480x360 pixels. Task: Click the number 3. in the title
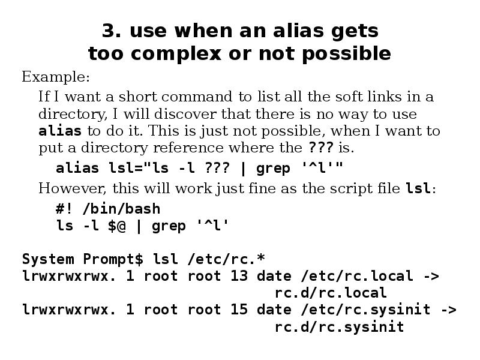coord(112,31)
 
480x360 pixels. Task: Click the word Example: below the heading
coord(56,77)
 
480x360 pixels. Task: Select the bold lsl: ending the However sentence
coord(421,188)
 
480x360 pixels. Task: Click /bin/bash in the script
coord(121,209)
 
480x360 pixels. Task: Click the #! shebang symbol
coord(64,209)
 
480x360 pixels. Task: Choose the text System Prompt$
coord(83,259)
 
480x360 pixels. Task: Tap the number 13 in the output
coord(239,276)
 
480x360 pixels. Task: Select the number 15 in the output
coord(239,310)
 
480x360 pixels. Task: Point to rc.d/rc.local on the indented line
coord(331,293)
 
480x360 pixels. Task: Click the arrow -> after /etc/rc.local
coord(431,276)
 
